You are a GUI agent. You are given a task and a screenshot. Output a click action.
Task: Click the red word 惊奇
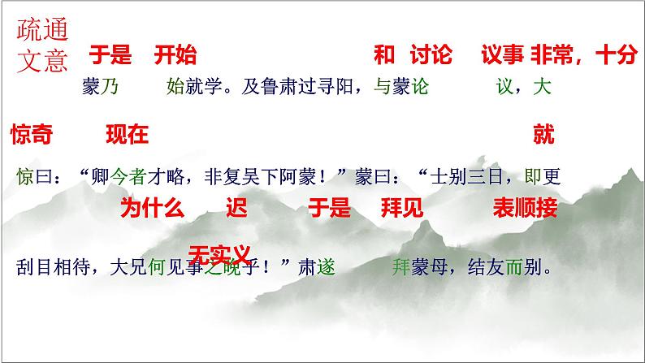32,135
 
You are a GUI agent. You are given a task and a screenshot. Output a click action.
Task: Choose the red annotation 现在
128,135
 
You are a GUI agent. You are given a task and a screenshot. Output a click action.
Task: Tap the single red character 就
543,135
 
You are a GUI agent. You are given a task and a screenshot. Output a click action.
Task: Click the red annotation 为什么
152,209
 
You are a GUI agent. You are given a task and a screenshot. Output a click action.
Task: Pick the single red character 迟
236,209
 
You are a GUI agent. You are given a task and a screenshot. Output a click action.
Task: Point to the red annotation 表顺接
525,209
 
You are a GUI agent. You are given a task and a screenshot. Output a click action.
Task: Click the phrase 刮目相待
54,266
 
